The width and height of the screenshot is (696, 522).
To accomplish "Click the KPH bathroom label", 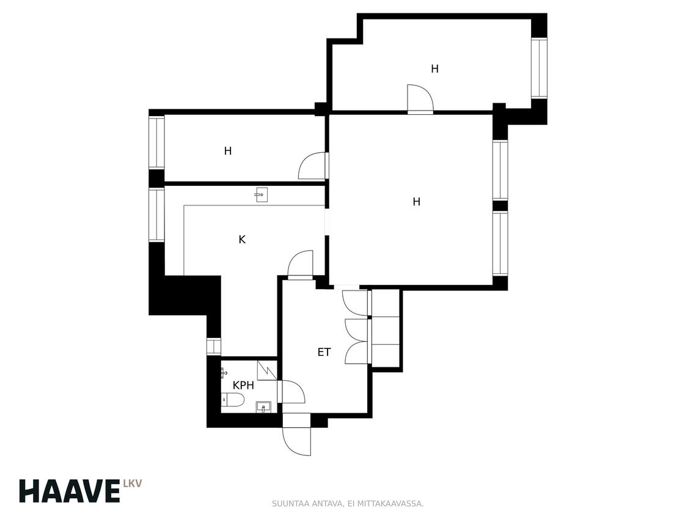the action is (243, 385).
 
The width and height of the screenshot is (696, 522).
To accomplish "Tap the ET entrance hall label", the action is (324, 353).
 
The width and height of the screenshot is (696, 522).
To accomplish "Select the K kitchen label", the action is (242, 240).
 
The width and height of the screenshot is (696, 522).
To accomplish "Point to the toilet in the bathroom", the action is (233, 400).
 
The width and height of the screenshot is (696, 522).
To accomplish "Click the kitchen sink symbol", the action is (261, 195).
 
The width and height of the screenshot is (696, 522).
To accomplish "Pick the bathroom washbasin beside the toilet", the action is (263, 407).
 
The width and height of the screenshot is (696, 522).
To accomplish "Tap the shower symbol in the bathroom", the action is (267, 370).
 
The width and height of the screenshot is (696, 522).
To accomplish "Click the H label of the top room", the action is (434, 69).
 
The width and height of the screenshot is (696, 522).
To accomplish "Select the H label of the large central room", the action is (416, 202).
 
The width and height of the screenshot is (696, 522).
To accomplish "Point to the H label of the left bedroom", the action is (228, 152).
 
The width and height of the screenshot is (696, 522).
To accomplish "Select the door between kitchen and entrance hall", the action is (301, 265).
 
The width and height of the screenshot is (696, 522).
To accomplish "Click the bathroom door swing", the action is (291, 392).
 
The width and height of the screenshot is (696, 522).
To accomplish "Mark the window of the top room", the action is (540, 68).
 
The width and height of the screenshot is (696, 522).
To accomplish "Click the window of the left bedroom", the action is (156, 142).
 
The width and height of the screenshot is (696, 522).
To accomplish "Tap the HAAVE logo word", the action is (70, 491).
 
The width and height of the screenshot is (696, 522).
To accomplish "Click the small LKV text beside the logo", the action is (133, 484).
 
